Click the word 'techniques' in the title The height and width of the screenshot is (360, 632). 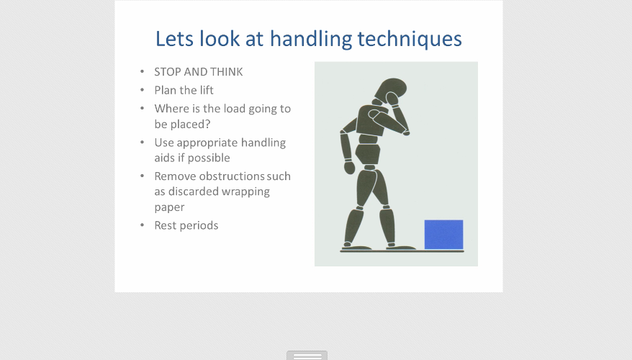click(410, 39)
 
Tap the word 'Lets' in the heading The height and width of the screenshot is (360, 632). click(174, 39)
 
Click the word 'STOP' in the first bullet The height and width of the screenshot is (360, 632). click(167, 72)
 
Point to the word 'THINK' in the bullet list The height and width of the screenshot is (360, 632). click(227, 72)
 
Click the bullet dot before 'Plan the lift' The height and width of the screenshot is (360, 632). click(142, 90)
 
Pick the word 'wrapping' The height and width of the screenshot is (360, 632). click(245, 192)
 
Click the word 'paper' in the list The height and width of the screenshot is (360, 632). click(169, 207)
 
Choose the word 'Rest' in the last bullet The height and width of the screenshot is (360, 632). click(166, 225)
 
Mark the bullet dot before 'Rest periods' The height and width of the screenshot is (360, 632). click(142, 225)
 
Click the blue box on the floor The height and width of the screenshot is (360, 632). click(444, 235)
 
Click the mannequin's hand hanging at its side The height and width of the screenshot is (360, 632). click(349, 167)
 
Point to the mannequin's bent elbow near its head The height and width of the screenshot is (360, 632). click(406, 132)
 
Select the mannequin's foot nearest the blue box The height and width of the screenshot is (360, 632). click(401, 247)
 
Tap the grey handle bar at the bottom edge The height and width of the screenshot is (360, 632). click(307, 356)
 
